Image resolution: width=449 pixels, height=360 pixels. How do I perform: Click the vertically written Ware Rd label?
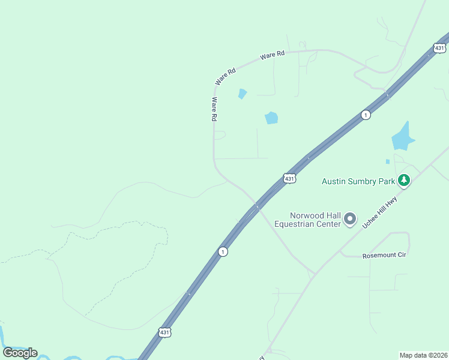point(213,110)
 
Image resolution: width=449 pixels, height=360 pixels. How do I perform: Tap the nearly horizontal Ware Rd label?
point(273,55)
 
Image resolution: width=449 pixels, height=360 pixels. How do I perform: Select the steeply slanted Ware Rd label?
point(226,76)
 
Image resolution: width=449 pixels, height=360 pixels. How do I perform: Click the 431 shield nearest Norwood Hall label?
point(289,179)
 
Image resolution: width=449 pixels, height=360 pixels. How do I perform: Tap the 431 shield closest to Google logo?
point(165,332)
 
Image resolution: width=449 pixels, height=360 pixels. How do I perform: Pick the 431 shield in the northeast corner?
point(440,48)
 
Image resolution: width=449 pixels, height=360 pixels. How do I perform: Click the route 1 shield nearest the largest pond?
point(365,115)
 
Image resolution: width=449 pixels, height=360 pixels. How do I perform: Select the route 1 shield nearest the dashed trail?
point(223,251)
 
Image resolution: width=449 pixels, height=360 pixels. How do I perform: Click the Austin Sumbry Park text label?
point(358,181)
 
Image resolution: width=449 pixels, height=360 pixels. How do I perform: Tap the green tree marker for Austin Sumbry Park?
point(405,179)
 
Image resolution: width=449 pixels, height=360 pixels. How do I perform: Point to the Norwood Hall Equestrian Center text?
point(307,220)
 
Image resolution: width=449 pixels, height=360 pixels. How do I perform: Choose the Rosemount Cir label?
point(384,256)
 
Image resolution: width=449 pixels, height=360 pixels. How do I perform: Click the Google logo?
point(20,352)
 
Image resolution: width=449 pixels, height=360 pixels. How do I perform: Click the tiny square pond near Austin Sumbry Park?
point(388,161)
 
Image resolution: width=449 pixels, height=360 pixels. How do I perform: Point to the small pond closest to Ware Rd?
point(242,94)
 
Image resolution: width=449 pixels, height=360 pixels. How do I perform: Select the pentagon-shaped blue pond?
point(272,118)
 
